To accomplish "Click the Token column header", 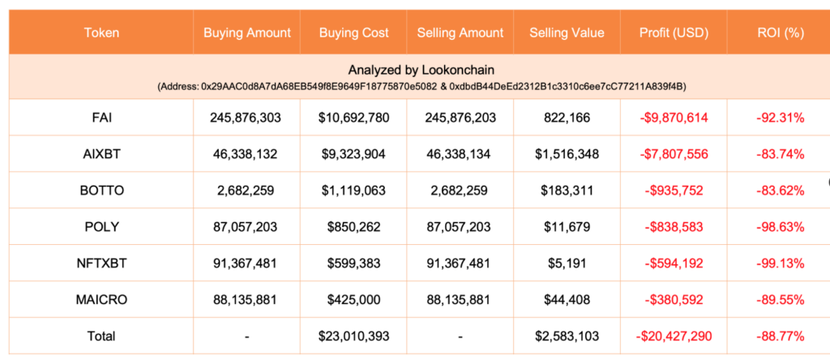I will (x=101, y=33).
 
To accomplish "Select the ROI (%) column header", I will (x=780, y=33).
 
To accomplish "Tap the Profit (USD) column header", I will (x=673, y=33).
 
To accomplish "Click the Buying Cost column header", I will (x=354, y=33).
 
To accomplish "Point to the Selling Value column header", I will (x=567, y=33).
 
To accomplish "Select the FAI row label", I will (x=101, y=118).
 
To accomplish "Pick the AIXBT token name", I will (x=101, y=154).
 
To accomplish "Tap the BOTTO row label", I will (x=101, y=191).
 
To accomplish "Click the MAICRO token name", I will (x=101, y=299).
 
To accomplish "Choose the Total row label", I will (x=101, y=336).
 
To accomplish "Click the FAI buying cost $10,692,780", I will (x=354, y=118).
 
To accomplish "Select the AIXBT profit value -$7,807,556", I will (x=673, y=154).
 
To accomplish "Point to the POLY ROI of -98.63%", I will (x=780, y=227).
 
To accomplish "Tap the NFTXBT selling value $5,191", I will (x=567, y=264).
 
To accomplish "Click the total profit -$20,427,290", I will (x=673, y=336).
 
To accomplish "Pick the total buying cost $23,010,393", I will (x=354, y=336).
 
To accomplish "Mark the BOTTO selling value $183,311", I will (x=567, y=191).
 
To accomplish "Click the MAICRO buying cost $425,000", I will (x=354, y=299).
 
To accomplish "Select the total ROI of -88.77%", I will (x=780, y=336).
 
